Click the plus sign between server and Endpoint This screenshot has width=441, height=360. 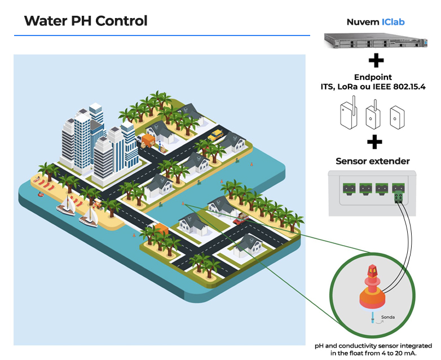tap(376, 60)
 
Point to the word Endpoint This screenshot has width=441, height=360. tap(373, 77)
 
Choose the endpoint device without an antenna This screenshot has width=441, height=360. tap(399, 114)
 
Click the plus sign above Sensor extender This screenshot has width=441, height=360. tap(374, 141)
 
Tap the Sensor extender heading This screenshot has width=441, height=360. tap(373, 161)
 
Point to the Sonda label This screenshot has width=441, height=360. tap(388, 317)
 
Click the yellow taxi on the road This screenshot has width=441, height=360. tap(215, 136)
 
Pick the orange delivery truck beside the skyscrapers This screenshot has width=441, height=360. tap(149, 140)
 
